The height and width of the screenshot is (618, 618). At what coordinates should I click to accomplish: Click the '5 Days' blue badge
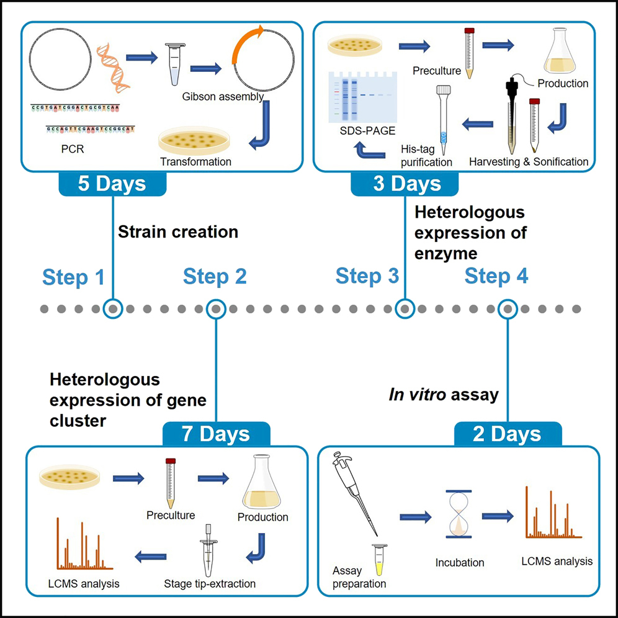[112, 184]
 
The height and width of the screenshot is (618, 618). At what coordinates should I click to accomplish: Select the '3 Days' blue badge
[404, 184]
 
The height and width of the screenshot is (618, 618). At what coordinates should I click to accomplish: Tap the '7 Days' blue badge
[216, 434]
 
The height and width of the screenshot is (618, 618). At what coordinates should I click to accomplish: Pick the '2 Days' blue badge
[508, 434]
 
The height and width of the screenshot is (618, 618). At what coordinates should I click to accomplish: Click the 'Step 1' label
[73, 277]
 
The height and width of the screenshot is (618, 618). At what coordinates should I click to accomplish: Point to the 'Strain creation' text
[178, 232]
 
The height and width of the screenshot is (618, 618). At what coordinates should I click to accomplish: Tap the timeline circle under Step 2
[215, 308]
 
